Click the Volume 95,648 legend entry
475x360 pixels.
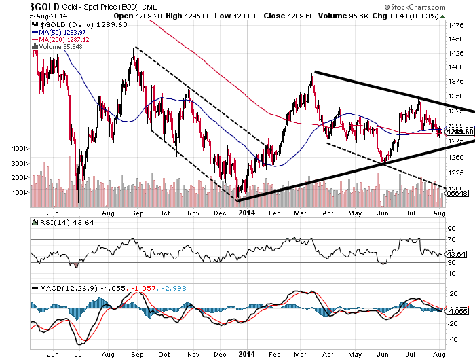(x=57, y=46)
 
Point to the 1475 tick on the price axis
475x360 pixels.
(x=457, y=23)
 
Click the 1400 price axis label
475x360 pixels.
(x=457, y=68)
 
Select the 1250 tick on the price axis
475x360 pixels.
(x=457, y=157)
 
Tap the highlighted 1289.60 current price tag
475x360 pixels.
(x=458, y=131)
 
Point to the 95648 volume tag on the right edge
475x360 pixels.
(x=458, y=194)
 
